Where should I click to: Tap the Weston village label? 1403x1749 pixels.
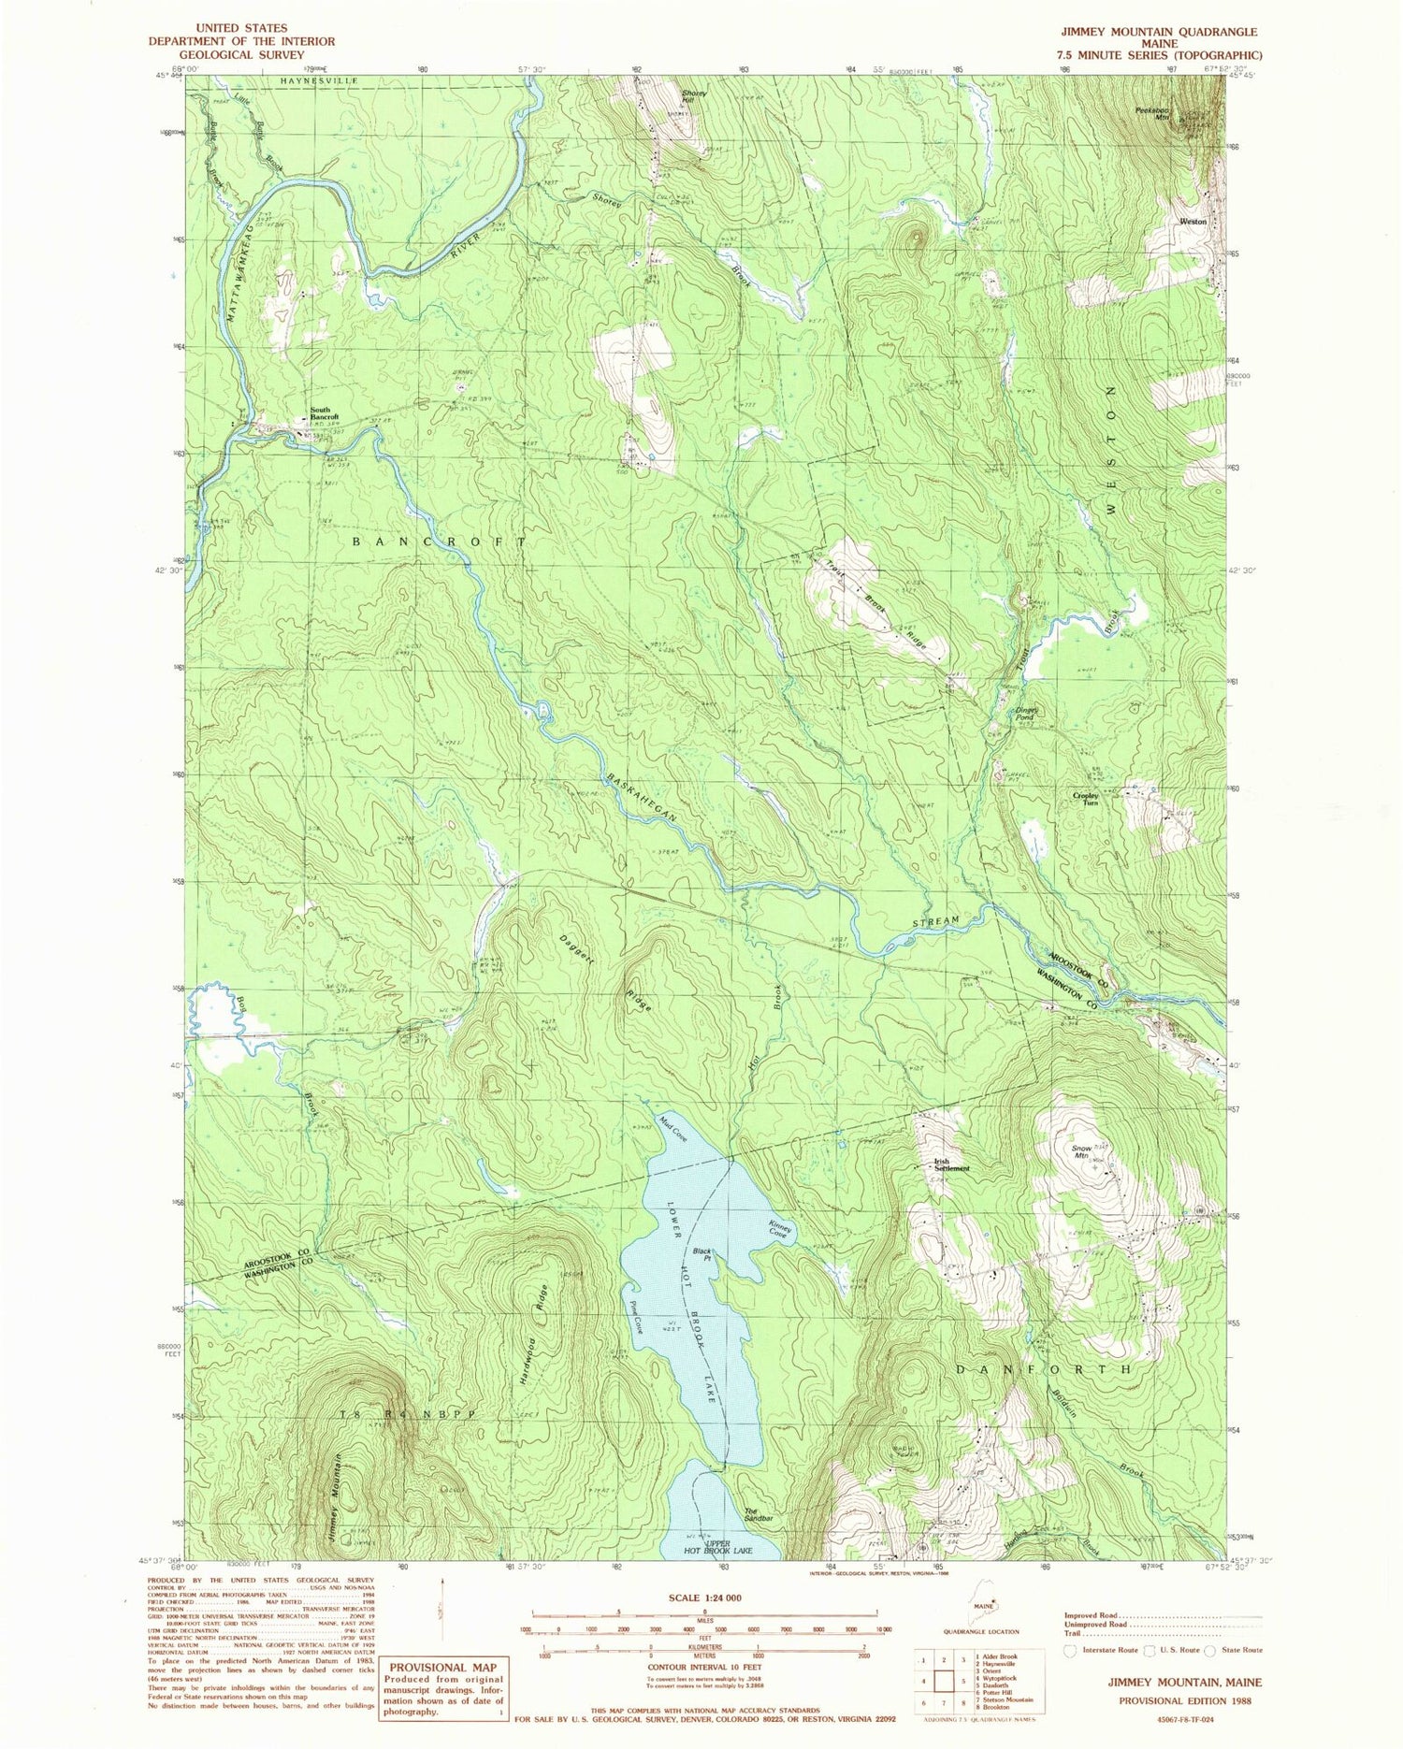pos(1193,222)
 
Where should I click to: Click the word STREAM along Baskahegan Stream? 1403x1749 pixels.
pos(936,921)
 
